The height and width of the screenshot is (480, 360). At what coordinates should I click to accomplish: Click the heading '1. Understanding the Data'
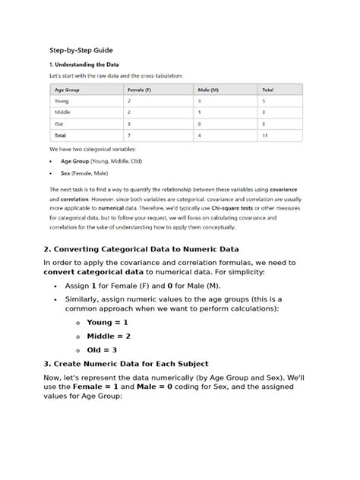84,65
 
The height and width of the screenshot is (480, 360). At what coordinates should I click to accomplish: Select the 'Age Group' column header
68,89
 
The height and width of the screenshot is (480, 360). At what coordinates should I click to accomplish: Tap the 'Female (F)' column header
140,89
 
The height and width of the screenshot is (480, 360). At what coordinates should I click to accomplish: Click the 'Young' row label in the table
62,101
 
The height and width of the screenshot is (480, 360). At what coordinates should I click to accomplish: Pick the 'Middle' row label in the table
62,112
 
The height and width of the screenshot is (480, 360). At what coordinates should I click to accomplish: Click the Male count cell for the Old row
199,124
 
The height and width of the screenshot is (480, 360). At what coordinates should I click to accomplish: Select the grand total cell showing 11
265,135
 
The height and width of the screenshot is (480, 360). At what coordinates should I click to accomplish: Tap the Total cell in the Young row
264,101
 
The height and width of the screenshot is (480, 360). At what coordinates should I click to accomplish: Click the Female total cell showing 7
129,135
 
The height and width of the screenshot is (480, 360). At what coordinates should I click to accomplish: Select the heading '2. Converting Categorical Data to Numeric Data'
141,249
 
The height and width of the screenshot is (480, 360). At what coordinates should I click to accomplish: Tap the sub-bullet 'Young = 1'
107,322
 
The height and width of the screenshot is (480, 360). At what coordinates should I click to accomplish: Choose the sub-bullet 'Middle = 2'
109,336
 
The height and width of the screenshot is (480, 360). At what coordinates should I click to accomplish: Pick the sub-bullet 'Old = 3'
102,349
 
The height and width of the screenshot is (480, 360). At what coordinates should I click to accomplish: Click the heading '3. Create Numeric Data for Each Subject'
125,364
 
